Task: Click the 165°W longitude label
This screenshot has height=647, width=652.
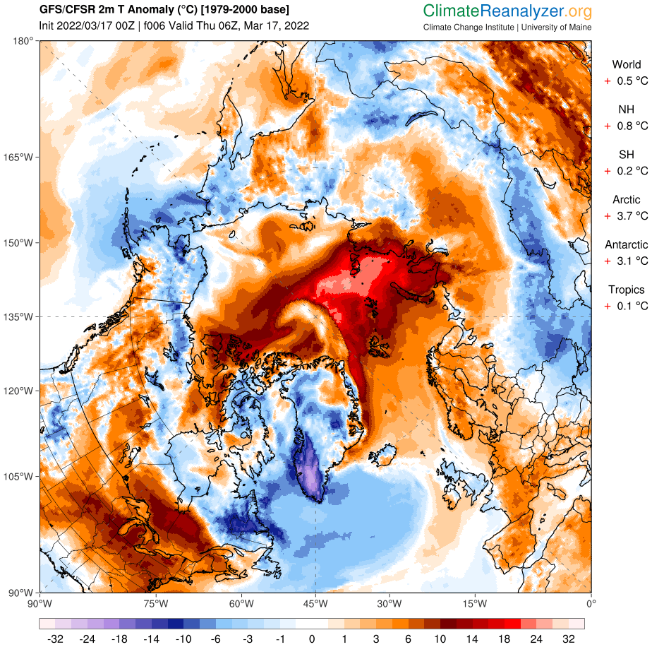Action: (19, 157)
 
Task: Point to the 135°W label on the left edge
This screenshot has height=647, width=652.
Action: (19, 316)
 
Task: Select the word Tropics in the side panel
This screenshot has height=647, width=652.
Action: (627, 290)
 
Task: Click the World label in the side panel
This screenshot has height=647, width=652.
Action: (627, 65)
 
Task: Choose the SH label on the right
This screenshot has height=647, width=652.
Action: (627, 155)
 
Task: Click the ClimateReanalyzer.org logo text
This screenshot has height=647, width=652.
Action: (507, 12)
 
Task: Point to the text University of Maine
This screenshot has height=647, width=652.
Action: (557, 28)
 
